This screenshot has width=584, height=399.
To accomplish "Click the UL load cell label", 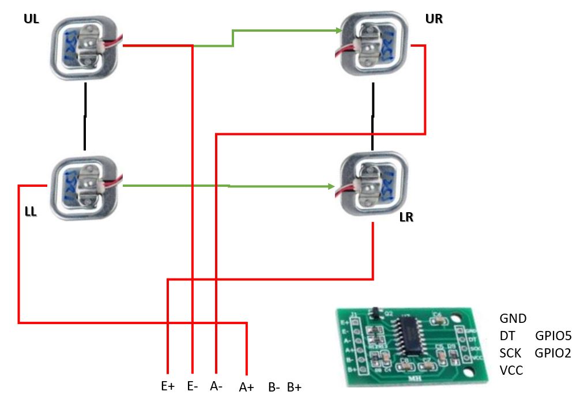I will (x=31, y=20).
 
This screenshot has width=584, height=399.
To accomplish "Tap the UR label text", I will (x=434, y=19).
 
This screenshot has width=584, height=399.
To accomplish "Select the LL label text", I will (x=31, y=212).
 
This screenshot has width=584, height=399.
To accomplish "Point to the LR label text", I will (x=407, y=219).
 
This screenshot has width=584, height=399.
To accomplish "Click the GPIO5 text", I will (x=553, y=336).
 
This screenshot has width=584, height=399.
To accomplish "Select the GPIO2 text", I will (x=553, y=353).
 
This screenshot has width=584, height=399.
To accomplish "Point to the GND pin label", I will (x=513, y=318).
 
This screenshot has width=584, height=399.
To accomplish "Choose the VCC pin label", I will (x=511, y=370).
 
